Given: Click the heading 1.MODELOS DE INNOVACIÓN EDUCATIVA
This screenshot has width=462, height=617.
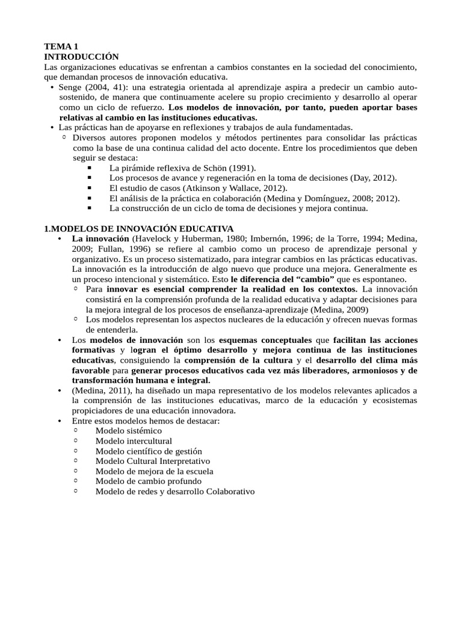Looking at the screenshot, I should tap(139, 228).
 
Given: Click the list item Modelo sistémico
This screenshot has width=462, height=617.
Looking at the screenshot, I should tap(128, 431).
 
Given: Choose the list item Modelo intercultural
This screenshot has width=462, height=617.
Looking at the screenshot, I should tap(134, 441).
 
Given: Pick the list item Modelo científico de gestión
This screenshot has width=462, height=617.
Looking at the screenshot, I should tap(149, 451).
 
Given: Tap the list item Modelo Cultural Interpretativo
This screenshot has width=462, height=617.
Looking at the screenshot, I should tap(153, 461).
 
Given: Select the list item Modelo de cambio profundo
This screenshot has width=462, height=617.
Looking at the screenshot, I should tap(149, 481).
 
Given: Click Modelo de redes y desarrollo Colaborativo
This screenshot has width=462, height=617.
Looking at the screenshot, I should tap(175, 492).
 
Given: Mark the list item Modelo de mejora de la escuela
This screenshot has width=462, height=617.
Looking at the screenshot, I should tap(154, 471).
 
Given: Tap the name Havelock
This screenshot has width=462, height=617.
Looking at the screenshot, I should tap(149, 239).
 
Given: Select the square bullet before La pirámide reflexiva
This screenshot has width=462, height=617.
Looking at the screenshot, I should tap(90, 168).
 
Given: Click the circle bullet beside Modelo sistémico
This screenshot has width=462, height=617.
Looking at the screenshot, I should tap(76, 431).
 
